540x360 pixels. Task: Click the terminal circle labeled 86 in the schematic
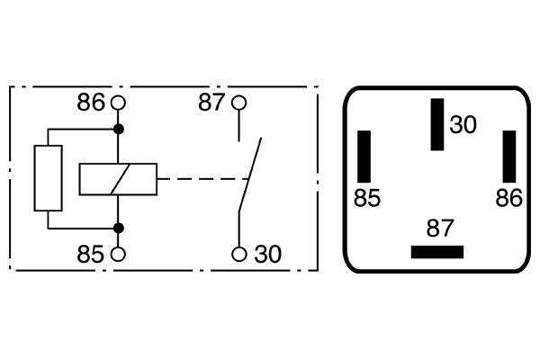[x=118, y=103]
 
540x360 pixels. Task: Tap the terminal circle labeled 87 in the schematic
[x=239, y=103]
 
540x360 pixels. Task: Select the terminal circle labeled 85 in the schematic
[x=118, y=254]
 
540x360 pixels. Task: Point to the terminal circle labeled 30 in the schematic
[x=239, y=254]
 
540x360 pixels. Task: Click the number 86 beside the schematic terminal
[x=91, y=103]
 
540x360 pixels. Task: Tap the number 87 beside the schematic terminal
[x=211, y=103]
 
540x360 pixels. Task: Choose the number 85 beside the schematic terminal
[x=90, y=254]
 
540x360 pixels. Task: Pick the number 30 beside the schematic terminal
[x=268, y=254]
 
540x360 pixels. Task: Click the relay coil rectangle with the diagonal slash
[x=118, y=179]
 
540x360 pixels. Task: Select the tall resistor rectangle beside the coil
[x=49, y=178]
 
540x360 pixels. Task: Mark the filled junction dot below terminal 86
[x=119, y=130]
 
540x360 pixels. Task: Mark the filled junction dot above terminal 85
[x=119, y=228]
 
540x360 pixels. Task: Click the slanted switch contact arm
[x=250, y=175]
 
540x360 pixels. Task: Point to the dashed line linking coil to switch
[x=202, y=179]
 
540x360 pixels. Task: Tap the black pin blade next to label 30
[x=437, y=124]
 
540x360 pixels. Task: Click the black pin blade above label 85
[x=364, y=157]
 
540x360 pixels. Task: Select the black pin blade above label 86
[x=509, y=157]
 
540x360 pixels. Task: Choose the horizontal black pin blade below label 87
[x=437, y=252]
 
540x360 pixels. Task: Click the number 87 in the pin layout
[x=440, y=228]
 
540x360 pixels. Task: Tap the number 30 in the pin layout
[x=463, y=124]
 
